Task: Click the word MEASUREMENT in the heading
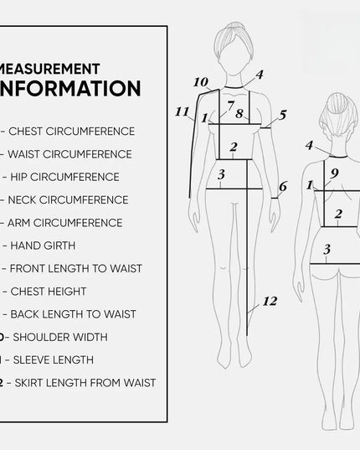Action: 52,68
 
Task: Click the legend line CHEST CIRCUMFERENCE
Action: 72,132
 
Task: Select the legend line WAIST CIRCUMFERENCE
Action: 70,154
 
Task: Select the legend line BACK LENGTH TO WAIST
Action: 73,314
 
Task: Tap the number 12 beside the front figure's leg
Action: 269,301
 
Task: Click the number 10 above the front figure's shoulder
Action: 201,82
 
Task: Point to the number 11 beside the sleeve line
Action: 182,111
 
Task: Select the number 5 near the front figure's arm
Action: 283,115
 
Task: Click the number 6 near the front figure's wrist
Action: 283,186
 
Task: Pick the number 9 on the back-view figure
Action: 333,173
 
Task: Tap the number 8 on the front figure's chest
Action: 239,113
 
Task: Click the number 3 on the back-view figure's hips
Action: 327,249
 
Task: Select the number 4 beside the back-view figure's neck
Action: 309,145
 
